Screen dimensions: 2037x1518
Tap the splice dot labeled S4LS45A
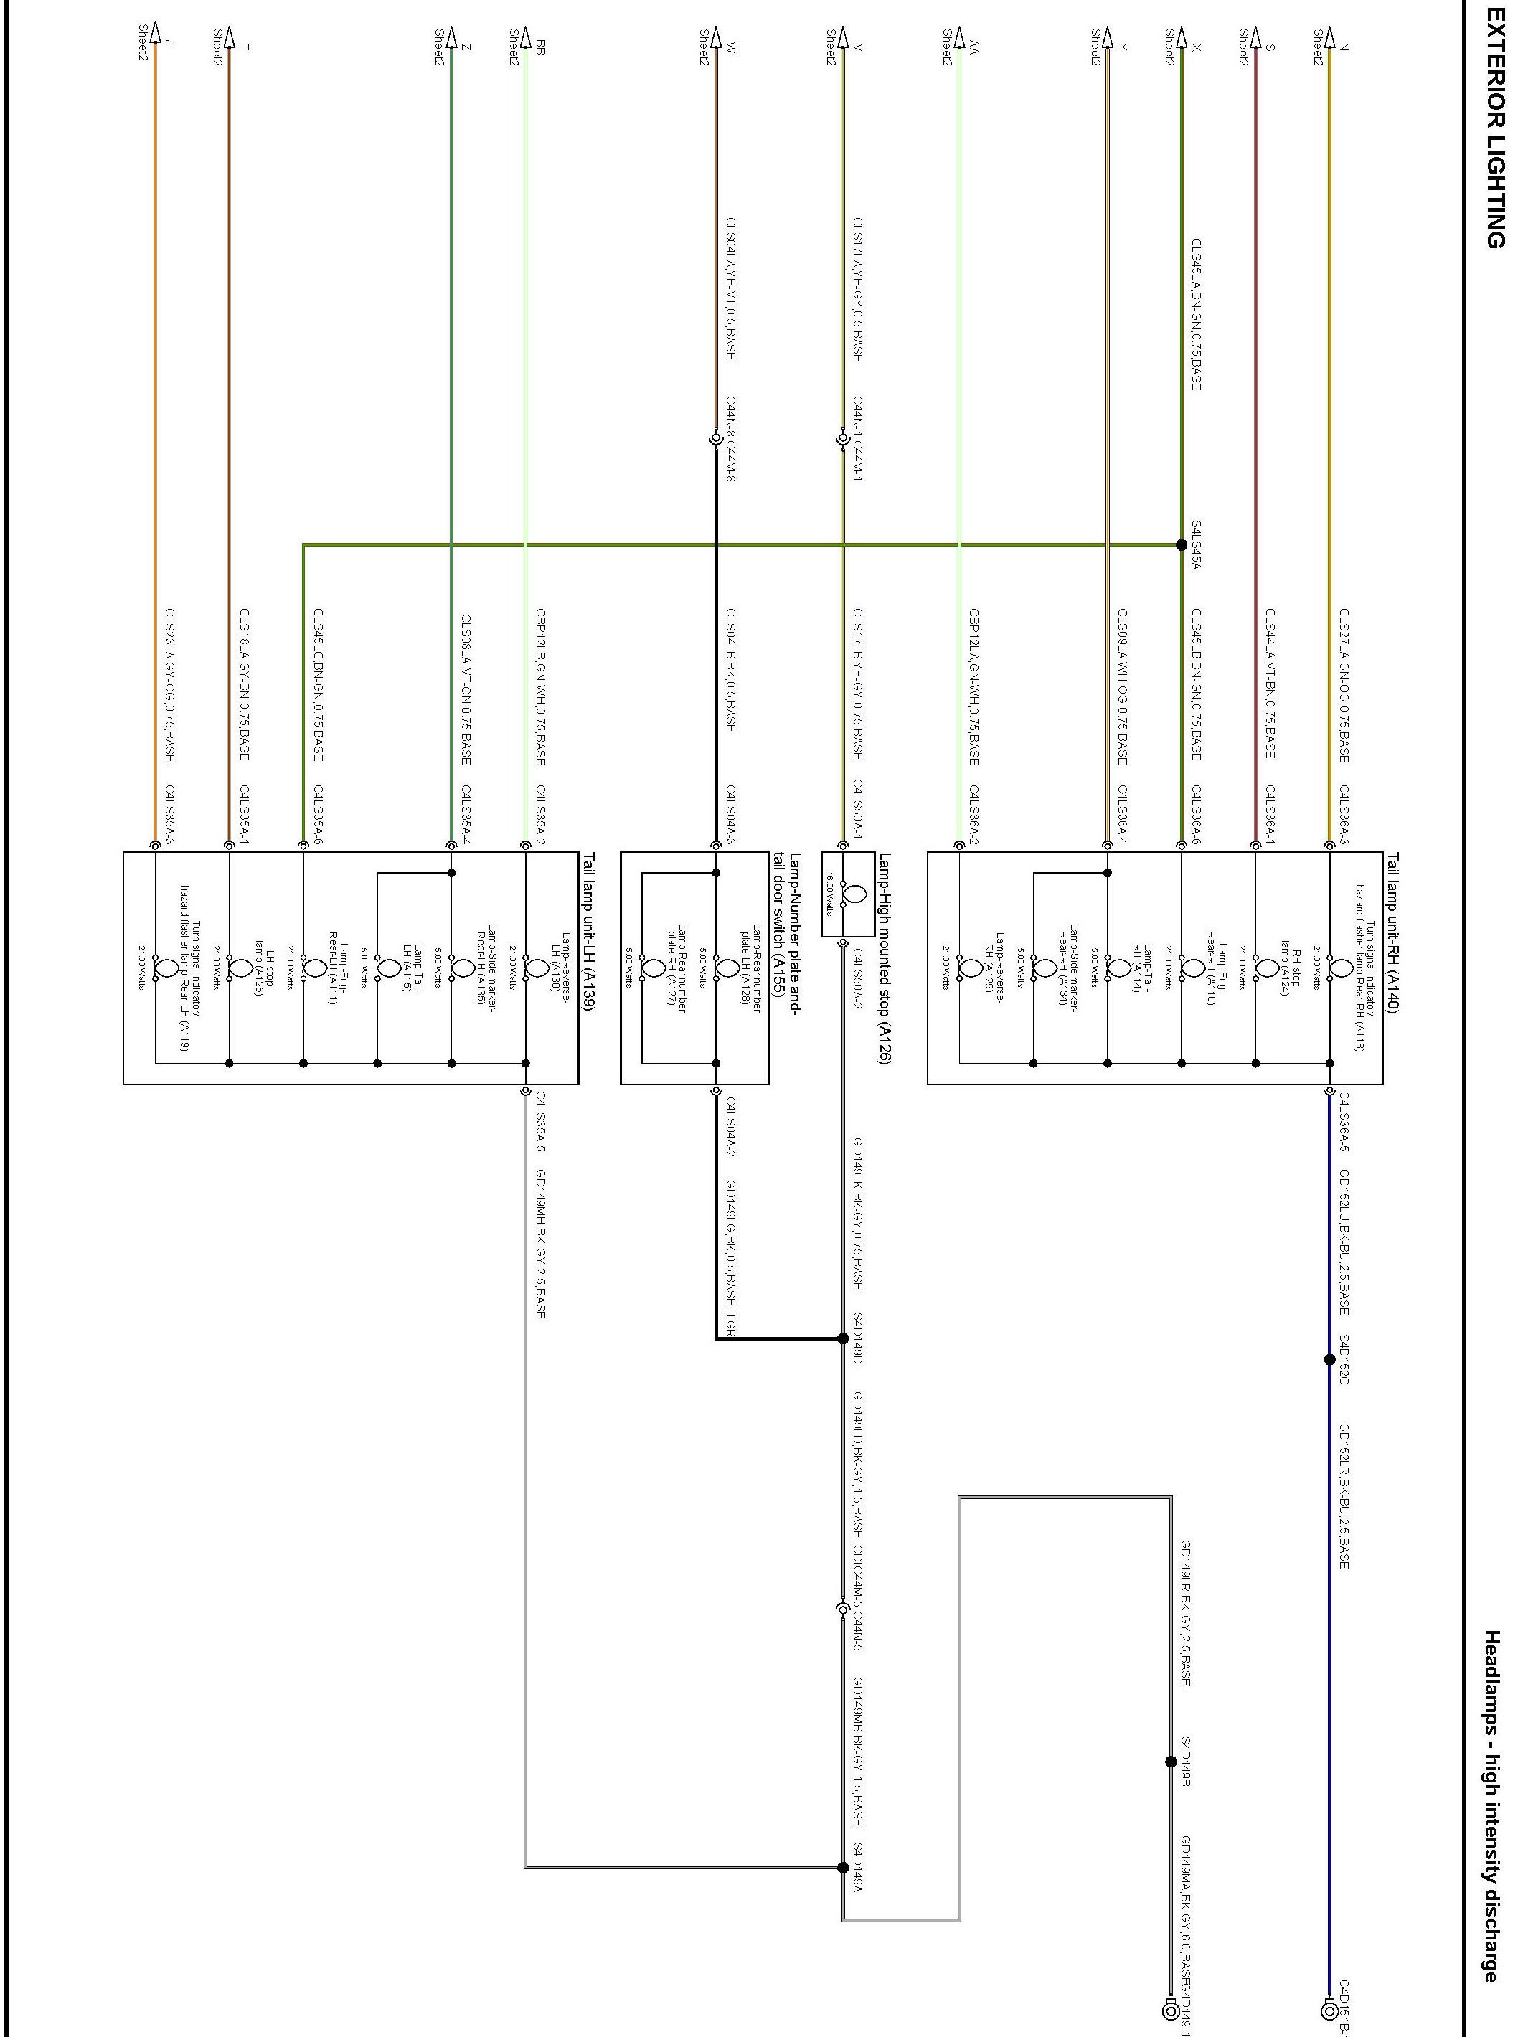point(1182,545)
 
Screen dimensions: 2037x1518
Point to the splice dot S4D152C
point(1329,1359)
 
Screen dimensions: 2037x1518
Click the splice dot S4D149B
point(1171,1762)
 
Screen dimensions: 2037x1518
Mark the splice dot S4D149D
point(844,1338)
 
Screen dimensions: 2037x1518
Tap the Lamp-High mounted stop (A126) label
point(884,958)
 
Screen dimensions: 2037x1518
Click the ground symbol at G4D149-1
point(1171,2011)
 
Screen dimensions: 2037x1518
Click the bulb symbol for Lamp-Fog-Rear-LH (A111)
point(303,967)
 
